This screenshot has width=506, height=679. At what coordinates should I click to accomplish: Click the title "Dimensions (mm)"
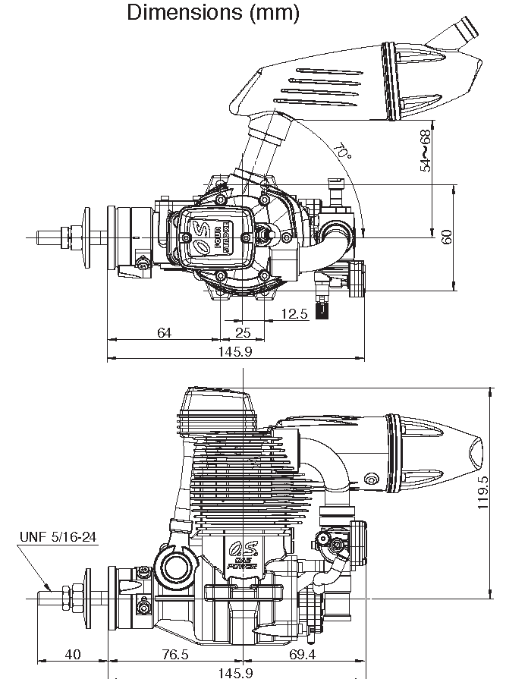pos(213,12)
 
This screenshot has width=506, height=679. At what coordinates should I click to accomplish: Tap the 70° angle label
pos(342,150)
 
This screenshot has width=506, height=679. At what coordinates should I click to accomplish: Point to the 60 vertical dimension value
pos(447,237)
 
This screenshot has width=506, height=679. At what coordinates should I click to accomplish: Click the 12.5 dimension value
pos(294,313)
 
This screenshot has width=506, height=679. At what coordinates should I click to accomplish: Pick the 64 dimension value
pos(164,332)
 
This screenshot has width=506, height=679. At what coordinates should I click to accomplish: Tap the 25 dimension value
pos(243,332)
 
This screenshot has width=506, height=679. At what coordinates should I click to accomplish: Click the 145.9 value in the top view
pos(235,351)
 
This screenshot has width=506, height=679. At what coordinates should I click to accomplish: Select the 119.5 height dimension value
pos(483,493)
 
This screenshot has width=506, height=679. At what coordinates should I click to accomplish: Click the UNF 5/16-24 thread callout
pos(58,537)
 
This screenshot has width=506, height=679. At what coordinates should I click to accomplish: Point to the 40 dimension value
pos(73,654)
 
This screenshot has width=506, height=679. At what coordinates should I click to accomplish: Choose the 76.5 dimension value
pos(175,654)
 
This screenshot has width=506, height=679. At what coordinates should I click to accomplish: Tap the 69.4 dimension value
pos(302,654)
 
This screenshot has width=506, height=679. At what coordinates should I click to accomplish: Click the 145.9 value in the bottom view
pos(235,673)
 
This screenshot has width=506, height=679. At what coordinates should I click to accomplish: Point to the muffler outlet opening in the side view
pos(475,454)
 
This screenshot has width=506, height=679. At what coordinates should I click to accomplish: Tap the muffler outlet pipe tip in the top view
pos(468,28)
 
